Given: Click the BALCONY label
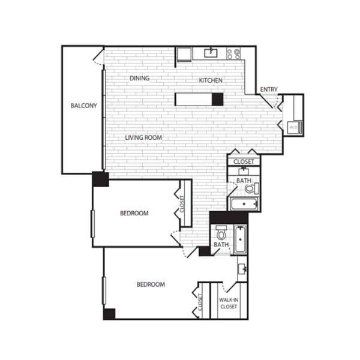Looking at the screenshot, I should (x=83, y=106).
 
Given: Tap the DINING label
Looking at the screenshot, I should (x=139, y=79).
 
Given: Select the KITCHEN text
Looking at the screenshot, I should (x=211, y=80).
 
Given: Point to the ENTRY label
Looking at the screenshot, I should (x=268, y=90).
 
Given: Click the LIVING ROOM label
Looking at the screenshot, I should (x=144, y=137).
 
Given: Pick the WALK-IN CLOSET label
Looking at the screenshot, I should (x=228, y=303).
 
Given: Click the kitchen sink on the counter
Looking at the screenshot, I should (x=210, y=53).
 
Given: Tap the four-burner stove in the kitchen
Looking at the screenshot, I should (x=233, y=54).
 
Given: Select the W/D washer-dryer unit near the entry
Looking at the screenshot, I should (x=293, y=127).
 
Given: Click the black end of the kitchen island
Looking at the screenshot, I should (x=217, y=100).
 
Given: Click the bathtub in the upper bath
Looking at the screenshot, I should (x=244, y=205).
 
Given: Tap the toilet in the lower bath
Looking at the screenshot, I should (x=221, y=233).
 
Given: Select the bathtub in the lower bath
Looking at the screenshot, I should (x=240, y=240).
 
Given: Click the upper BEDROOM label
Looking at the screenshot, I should (x=134, y=213).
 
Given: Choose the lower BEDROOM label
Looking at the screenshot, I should (x=150, y=284).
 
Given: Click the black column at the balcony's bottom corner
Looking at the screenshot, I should (x=100, y=179).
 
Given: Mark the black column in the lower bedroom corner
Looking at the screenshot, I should (x=109, y=314).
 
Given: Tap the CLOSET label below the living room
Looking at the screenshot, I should (x=244, y=161).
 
